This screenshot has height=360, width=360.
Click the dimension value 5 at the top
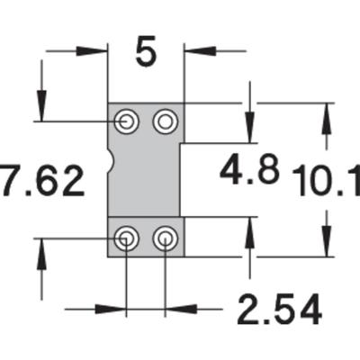click(x=146, y=51)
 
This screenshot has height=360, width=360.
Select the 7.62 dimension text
click(x=43, y=180)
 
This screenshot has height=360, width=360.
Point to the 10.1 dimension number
click(x=326, y=184)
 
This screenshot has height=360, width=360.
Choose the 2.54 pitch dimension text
click(x=279, y=310)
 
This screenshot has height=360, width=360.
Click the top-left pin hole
click(x=127, y=121)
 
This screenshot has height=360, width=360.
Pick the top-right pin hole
click(x=165, y=121)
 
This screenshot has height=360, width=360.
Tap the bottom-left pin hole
click(x=127, y=238)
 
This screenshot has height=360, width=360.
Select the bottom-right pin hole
click(x=165, y=238)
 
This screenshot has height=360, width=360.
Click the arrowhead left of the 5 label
click(x=98, y=51)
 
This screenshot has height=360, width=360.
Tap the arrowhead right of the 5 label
click(x=193, y=51)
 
